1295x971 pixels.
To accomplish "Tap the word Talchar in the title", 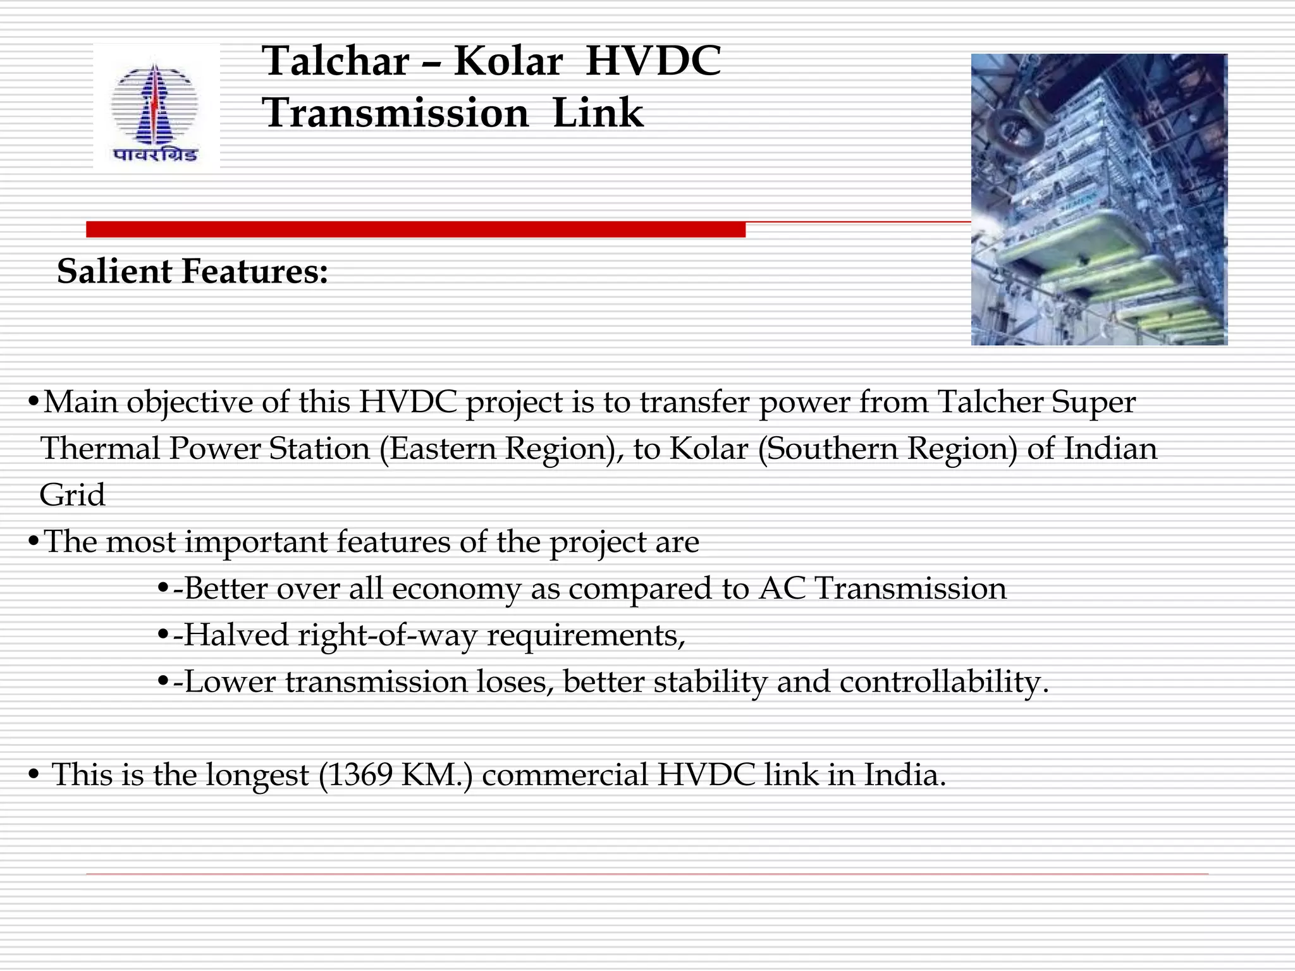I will tap(336, 61).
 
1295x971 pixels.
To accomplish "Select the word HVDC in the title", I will tap(653, 61).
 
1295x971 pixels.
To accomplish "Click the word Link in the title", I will tap(598, 113).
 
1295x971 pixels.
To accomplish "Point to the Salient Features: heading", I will tap(192, 271).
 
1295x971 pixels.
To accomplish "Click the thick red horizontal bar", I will tap(415, 229).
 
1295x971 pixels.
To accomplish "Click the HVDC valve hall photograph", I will tap(1098, 199).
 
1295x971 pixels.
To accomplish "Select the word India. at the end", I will tap(905, 774).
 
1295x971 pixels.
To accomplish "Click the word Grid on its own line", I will tap(72, 495).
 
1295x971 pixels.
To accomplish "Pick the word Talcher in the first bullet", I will tap(990, 402).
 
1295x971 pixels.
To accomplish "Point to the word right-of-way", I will tap(387, 635).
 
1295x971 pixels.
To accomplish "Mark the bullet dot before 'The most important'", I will tap(34, 542).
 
